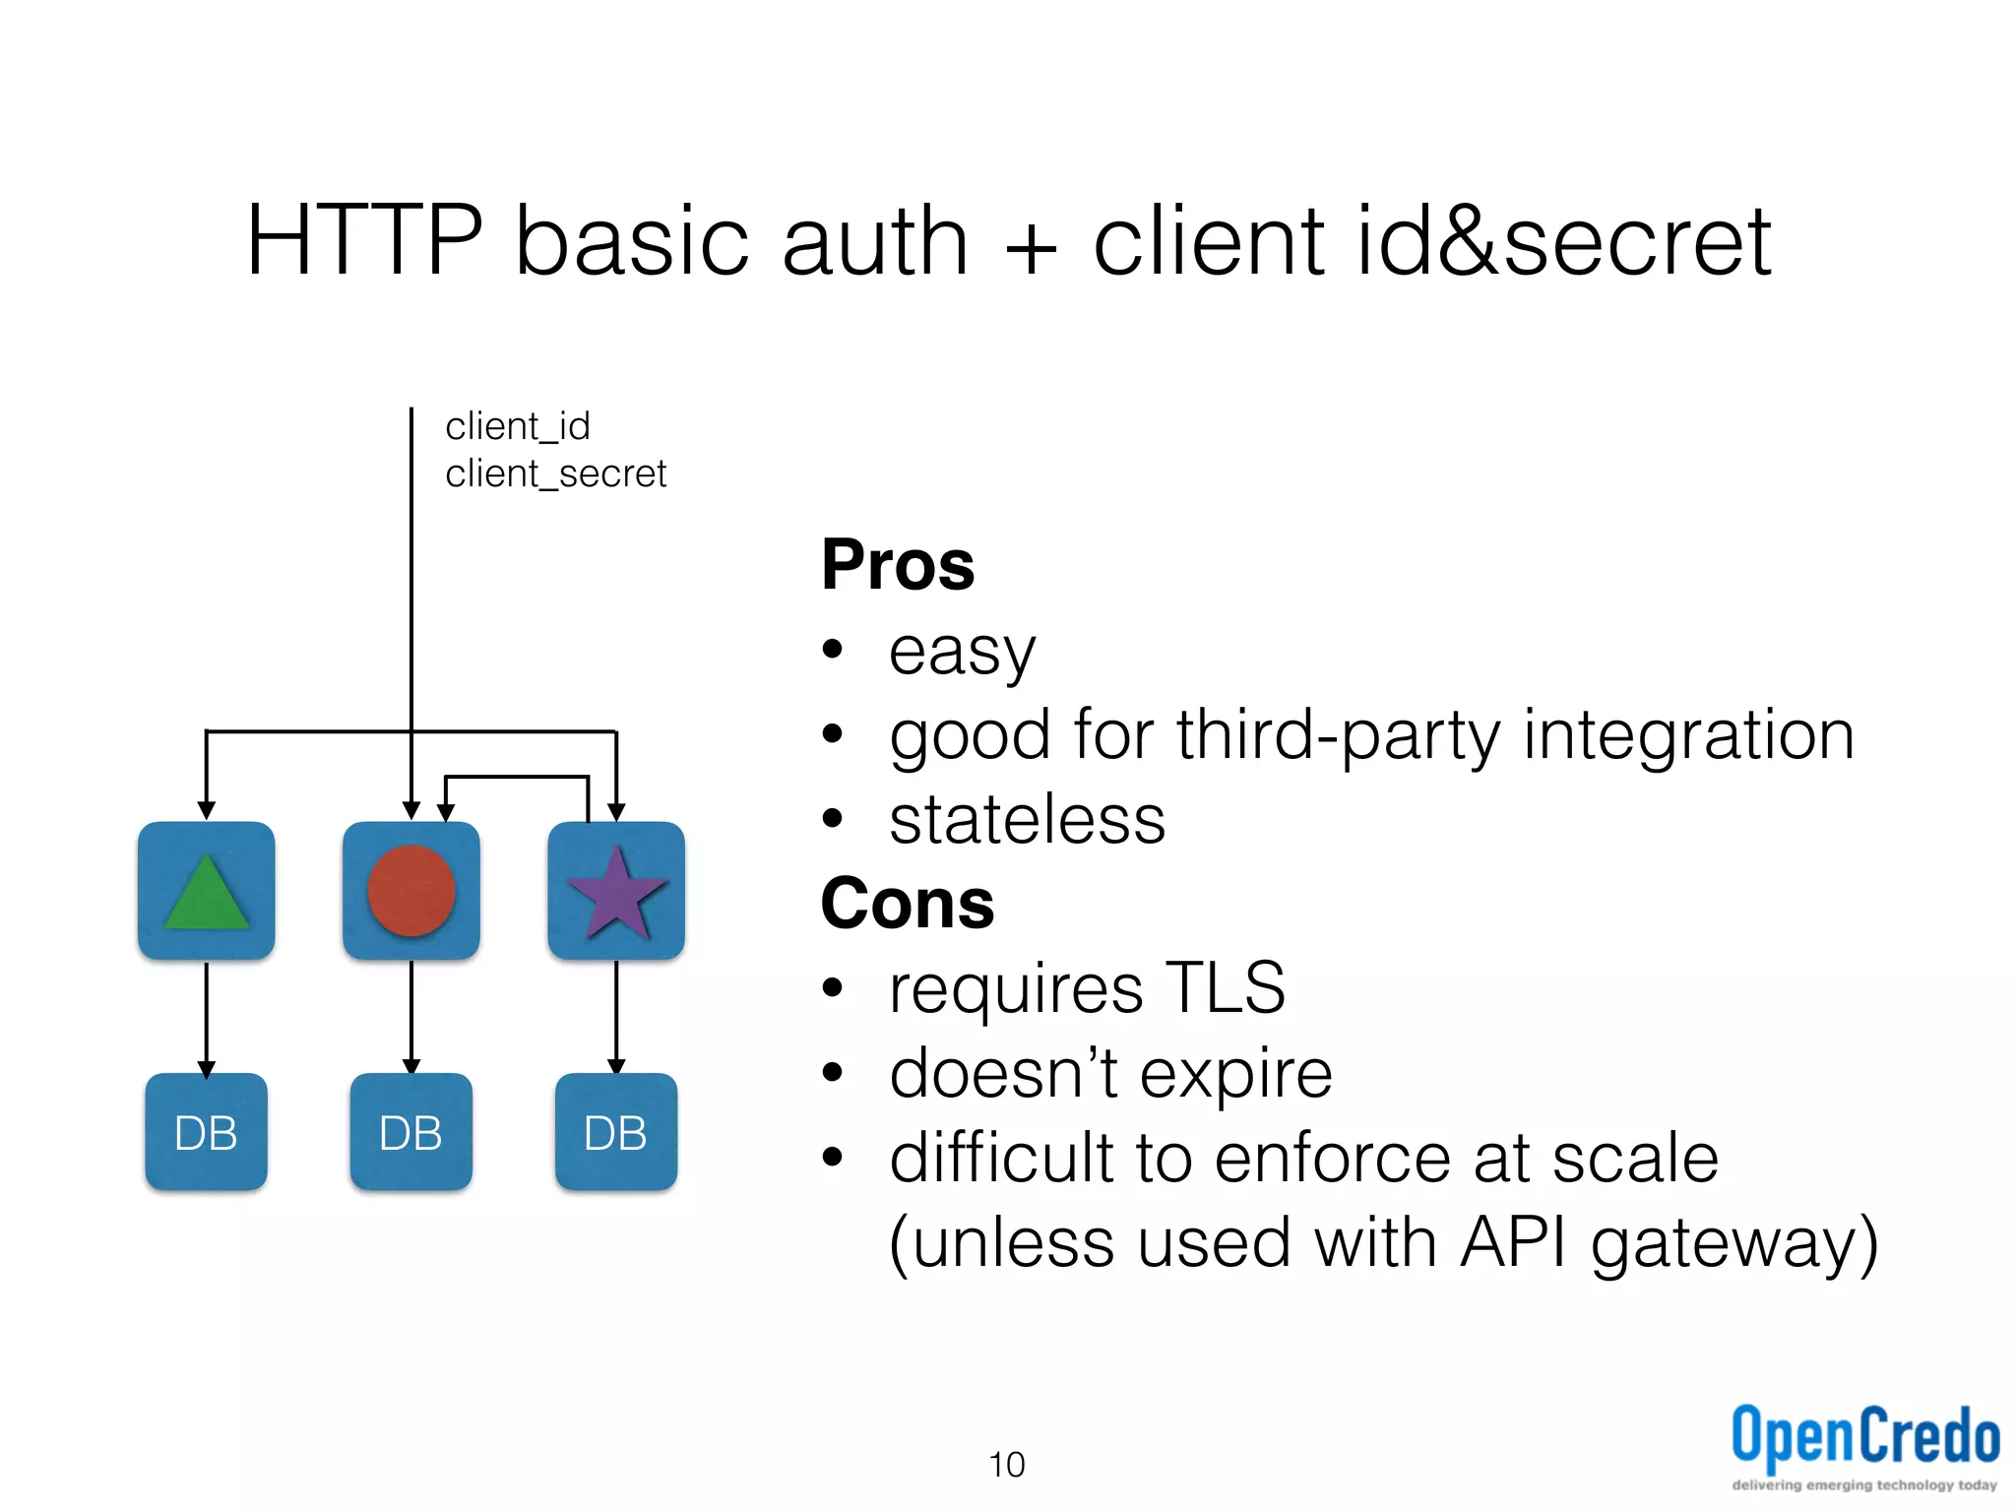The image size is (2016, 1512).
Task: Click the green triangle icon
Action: (x=206, y=894)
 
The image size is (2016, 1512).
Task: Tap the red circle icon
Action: (x=410, y=891)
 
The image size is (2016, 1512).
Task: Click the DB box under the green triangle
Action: (x=206, y=1132)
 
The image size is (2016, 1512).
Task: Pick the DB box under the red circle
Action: (x=410, y=1132)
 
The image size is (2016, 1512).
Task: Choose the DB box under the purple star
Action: (x=616, y=1132)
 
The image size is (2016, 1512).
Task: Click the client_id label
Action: (x=518, y=427)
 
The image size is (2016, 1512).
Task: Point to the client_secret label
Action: (x=555, y=474)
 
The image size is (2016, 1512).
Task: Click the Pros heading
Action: (x=897, y=565)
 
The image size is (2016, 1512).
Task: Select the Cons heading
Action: (x=907, y=904)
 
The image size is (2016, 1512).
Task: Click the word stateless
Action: (x=1027, y=820)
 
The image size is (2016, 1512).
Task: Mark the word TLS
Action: (x=1225, y=987)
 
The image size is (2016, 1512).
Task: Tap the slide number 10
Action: (x=1006, y=1465)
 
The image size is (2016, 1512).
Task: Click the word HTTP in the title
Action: (x=364, y=240)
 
